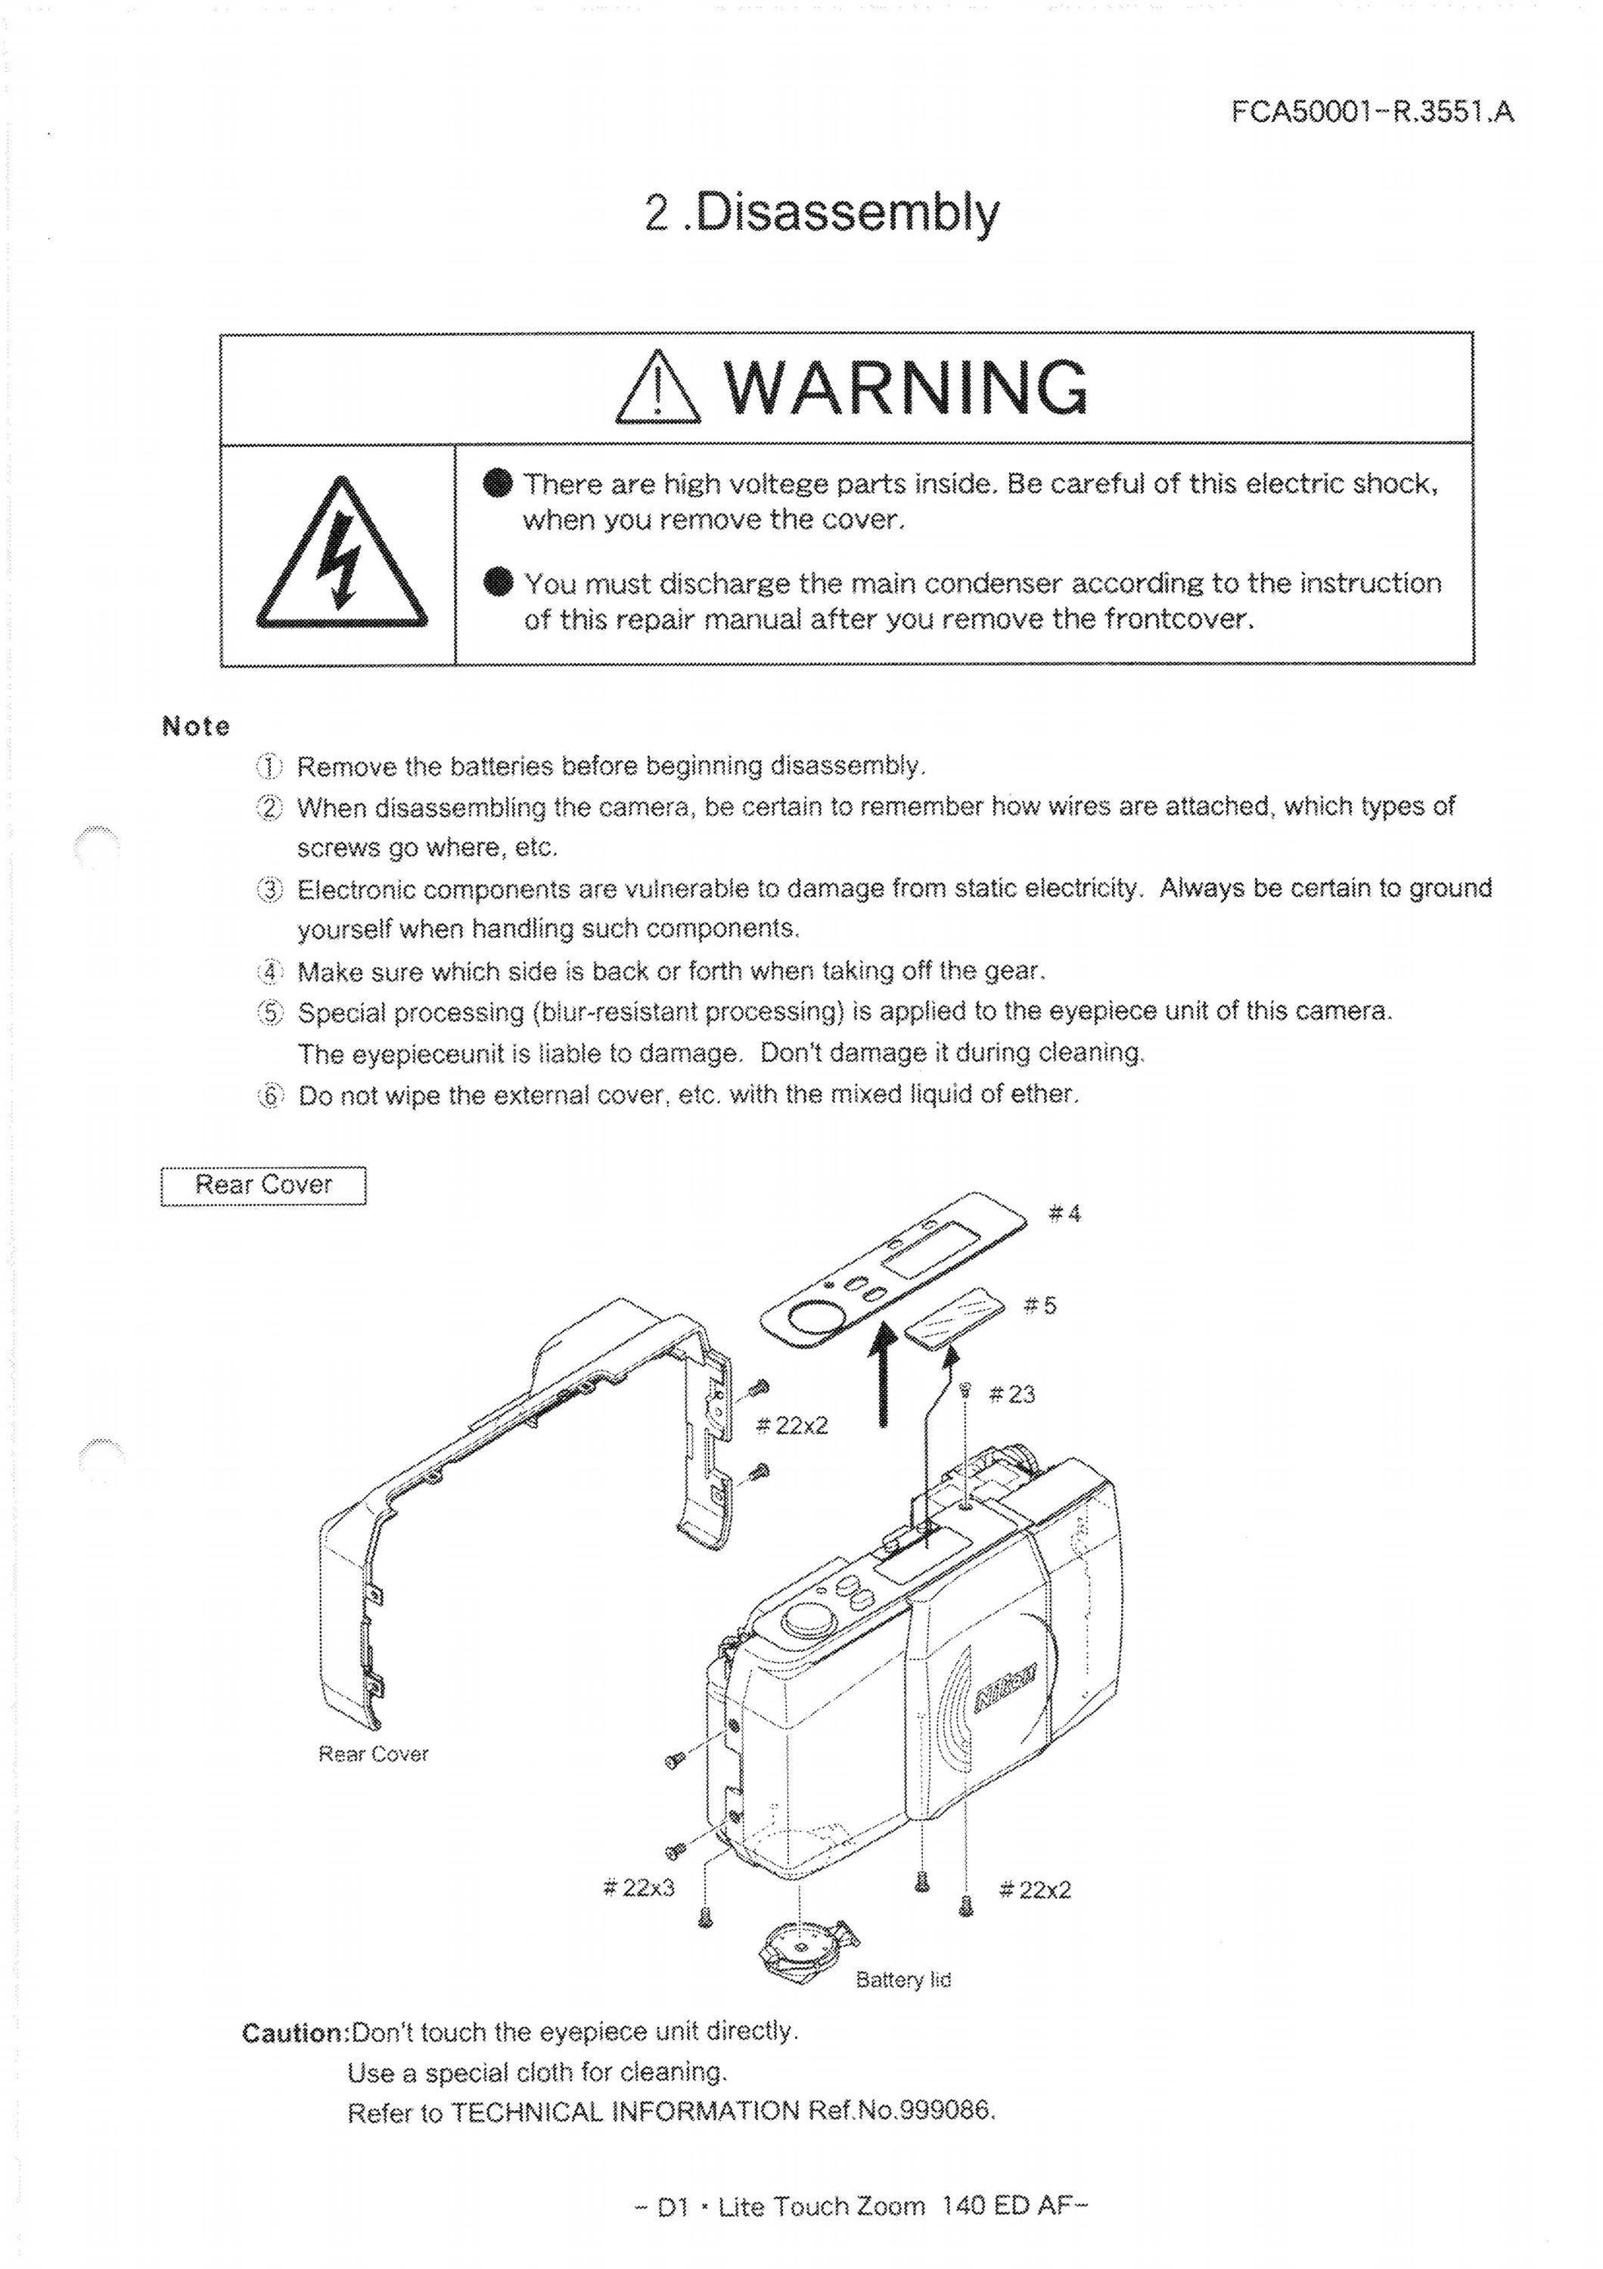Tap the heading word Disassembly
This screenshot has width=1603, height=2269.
[x=847, y=213]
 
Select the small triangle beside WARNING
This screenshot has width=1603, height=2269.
[x=657, y=390]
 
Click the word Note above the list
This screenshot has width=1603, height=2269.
[x=196, y=726]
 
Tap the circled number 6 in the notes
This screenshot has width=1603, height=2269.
[x=270, y=1095]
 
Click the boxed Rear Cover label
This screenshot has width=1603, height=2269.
[x=263, y=1185]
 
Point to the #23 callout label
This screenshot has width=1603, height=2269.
[x=1012, y=1395]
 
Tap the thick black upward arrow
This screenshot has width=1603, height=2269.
[x=887, y=1375]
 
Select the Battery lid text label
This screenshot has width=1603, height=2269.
[x=903, y=1979]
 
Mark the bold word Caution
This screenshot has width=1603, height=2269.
[x=296, y=2034]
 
